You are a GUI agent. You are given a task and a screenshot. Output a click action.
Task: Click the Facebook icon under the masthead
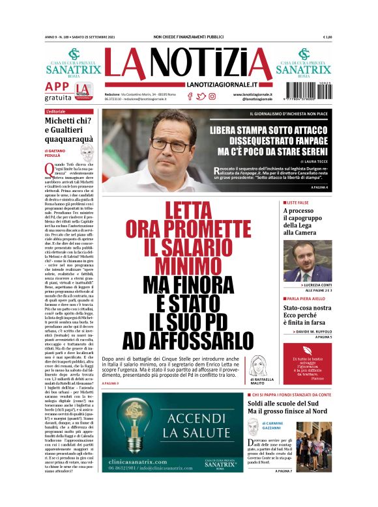click(x=190, y=96)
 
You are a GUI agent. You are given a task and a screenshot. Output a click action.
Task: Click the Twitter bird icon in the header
click(x=201, y=96)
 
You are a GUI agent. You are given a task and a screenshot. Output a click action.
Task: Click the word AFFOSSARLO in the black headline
click(x=179, y=340)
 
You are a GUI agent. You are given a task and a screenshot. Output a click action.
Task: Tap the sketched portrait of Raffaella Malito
click(x=256, y=364)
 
